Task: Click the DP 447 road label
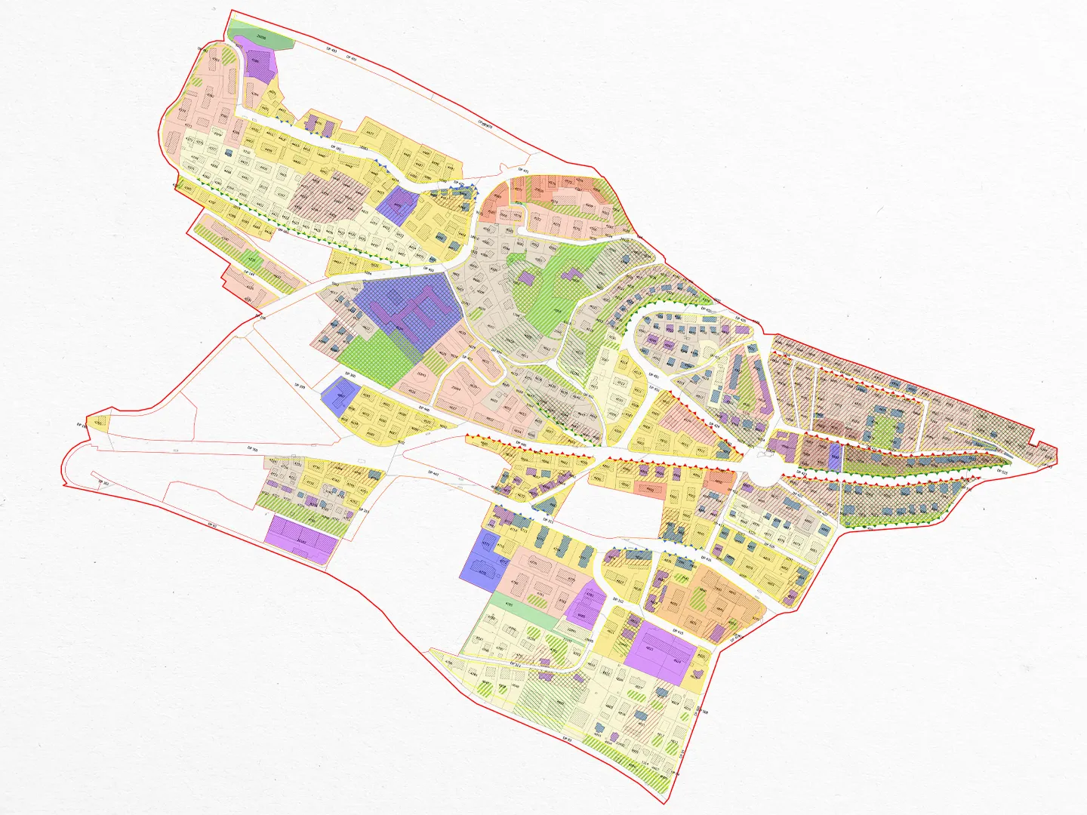pos(433,472)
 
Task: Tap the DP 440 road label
pos(425,410)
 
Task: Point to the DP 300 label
pos(350,374)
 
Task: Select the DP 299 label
pos(300,386)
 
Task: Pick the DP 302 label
pos(105,483)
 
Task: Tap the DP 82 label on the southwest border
pos(212,525)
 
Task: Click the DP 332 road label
pos(617,600)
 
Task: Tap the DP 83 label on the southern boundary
pos(568,740)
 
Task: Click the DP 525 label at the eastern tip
pos(1003,472)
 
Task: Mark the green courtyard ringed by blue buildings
pos(882,429)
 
